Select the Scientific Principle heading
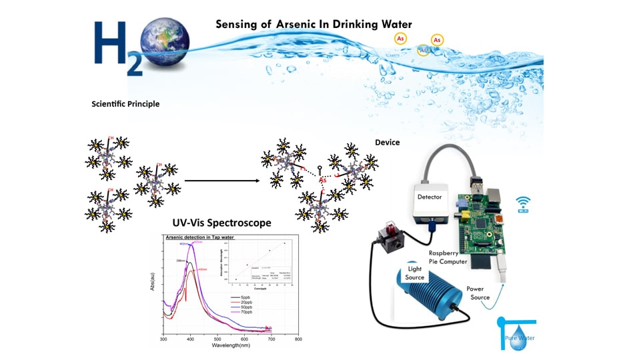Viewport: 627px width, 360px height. [x=125, y=104]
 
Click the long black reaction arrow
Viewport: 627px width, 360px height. [x=221, y=180]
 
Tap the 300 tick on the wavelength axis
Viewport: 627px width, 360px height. [x=163, y=339]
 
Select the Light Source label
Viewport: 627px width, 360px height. [x=414, y=272]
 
